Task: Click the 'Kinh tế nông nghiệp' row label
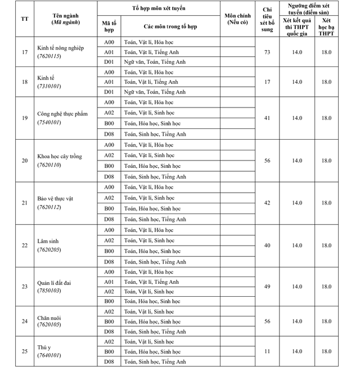[x=60, y=48]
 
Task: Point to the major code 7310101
[x=49, y=86]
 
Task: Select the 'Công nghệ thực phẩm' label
[x=62, y=114]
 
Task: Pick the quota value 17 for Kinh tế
[x=267, y=82]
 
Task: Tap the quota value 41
[x=267, y=118]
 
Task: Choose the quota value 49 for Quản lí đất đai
[x=267, y=287]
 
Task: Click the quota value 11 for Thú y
[x=267, y=351]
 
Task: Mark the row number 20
[x=24, y=161]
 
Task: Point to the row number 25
[x=24, y=351]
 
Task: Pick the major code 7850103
[x=49, y=291]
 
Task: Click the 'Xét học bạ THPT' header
[x=326, y=26]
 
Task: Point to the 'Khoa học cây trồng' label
[x=60, y=156]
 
